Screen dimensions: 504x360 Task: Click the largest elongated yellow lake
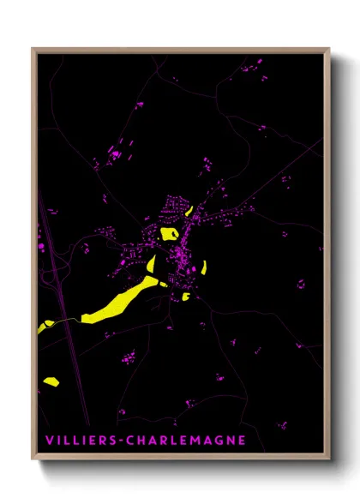[120, 301]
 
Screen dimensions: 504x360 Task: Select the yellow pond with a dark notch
[169, 232]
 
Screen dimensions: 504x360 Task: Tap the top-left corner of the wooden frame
[33, 49]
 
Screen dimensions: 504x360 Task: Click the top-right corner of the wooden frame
[329, 49]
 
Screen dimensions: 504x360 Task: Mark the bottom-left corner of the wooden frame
[33, 463]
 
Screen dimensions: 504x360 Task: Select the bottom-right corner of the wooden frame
[329, 463]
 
